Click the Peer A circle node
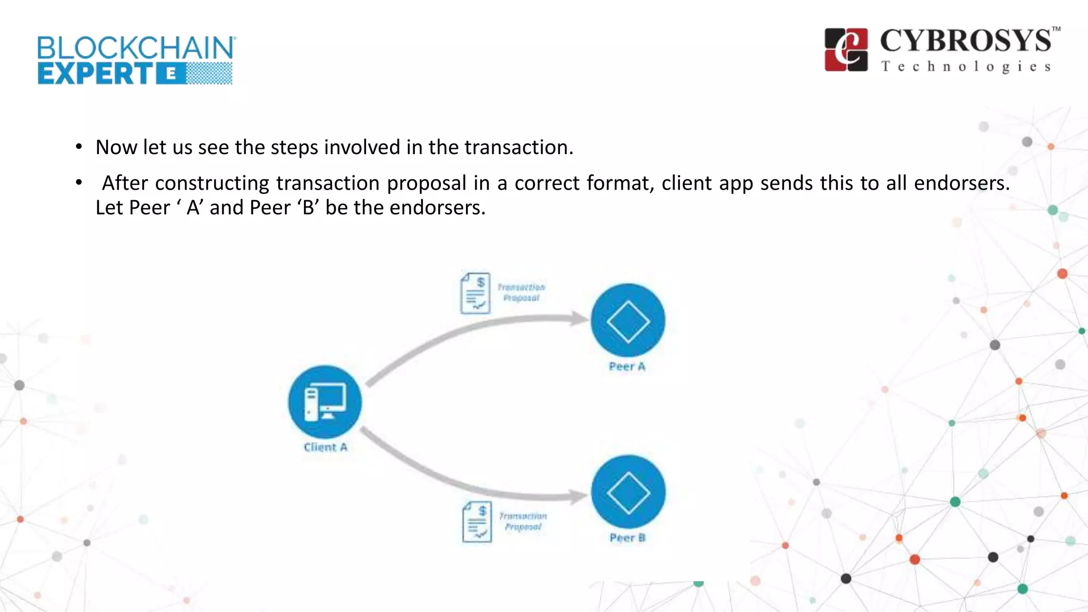point(627,320)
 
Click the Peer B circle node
point(628,492)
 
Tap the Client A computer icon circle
point(325,402)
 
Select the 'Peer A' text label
point(627,367)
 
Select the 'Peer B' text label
point(627,538)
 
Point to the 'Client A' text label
point(325,447)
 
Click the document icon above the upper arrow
point(475,293)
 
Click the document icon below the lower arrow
point(477,522)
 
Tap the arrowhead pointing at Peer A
point(579,319)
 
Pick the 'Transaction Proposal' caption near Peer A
point(521,293)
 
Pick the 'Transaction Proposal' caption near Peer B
point(523,521)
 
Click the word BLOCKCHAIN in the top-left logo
point(135,48)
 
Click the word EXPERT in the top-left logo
point(96,74)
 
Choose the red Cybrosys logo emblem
point(846,50)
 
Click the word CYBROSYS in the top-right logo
point(965,41)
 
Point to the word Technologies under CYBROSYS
point(966,67)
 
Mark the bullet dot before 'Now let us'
point(79,147)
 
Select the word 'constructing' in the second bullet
point(212,183)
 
